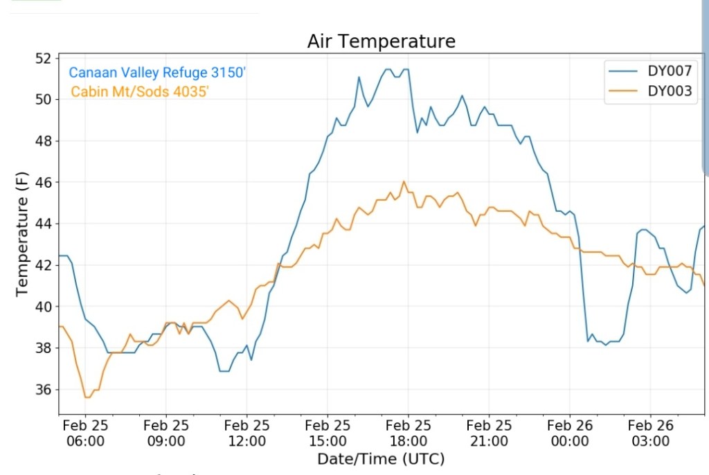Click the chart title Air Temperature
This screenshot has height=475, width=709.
(x=382, y=42)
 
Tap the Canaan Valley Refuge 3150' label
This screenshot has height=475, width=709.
(x=157, y=73)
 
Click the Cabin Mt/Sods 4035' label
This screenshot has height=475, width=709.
(x=140, y=91)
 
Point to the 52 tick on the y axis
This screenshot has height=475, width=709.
(x=43, y=58)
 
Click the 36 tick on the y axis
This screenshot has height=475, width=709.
(x=43, y=389)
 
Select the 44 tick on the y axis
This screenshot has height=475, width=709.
(x=43, y=224)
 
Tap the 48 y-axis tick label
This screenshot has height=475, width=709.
(x=43, y=141)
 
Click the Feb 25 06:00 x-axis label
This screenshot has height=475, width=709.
(x=85, y=433)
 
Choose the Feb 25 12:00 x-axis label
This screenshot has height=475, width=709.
(x=247, y=433)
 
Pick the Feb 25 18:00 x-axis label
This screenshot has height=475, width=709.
(x=409, y=433)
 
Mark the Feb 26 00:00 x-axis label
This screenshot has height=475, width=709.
(x=570, y=433)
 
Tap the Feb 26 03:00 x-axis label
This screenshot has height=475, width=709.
(x=651, y=433)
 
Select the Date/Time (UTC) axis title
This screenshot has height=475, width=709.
(x=381, y=459)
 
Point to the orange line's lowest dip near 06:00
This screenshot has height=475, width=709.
(x=87, y=397)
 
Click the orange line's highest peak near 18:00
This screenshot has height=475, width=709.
(x=404, y=181)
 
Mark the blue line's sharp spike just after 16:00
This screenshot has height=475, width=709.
(x=359, y=77)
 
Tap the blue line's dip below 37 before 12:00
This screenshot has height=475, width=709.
(x=224, y=371)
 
